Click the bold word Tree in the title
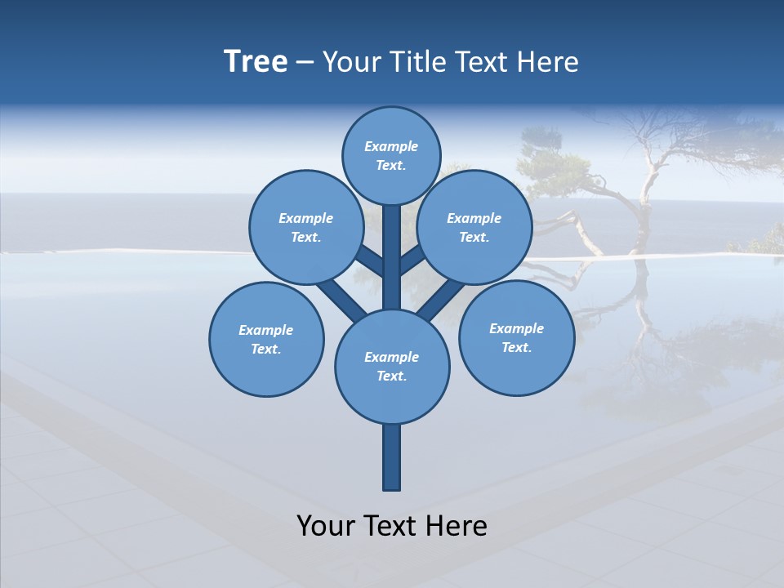(256, 62)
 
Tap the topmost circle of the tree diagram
(391, 155)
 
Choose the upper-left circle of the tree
(305, 227)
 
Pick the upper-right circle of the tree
(474, 227)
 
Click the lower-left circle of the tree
(266, 339)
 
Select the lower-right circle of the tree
(516, 337)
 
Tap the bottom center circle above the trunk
(392, 366)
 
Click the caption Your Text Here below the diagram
(392, 526)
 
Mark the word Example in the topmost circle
(391, 146)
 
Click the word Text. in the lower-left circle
(266, 349)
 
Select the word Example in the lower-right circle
(516, 328)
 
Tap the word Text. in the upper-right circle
(474, 237)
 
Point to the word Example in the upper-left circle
(305, 218)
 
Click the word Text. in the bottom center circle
(391, 376)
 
